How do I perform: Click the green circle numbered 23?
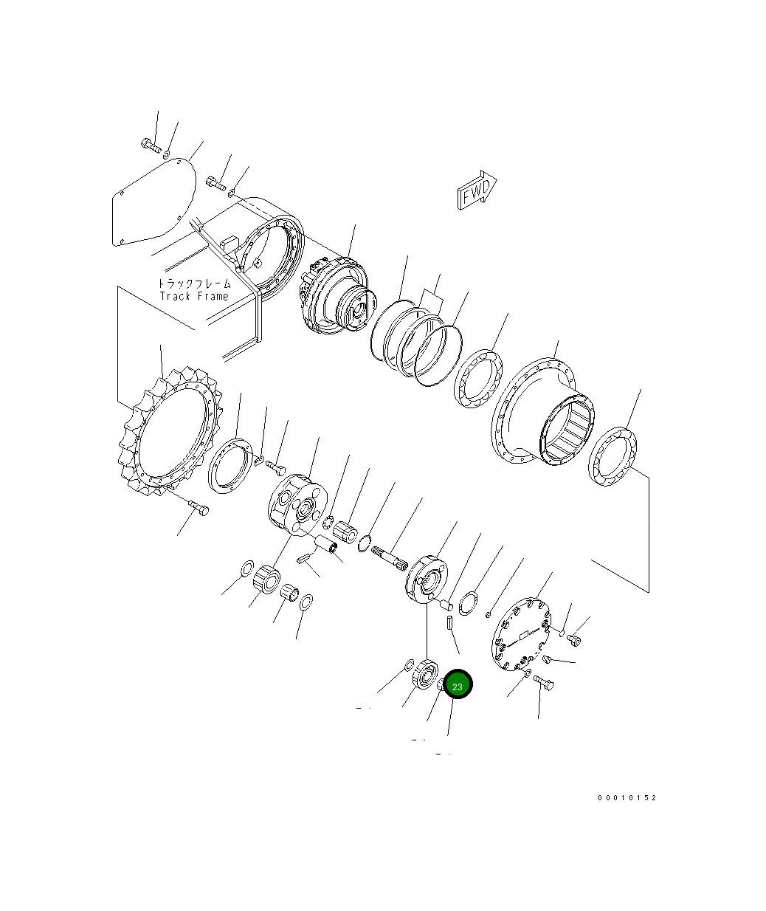[x=457, y=687]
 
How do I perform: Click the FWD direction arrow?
[x=477, y=190]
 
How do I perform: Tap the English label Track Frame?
[x=194, y=296]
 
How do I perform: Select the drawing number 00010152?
[x=627, y=798]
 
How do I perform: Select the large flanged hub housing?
[x=542, y=411]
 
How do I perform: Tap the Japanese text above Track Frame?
[x=194, y=284]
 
